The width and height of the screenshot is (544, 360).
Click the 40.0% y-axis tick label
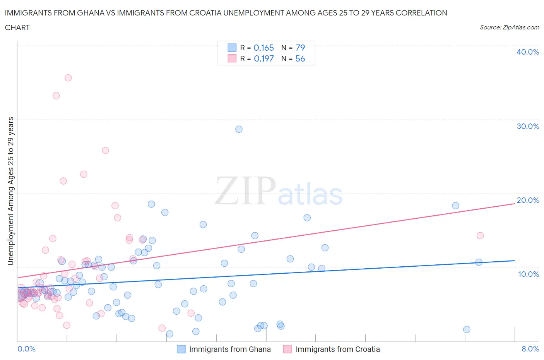coord(528,52)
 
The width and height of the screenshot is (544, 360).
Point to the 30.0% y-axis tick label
coord(528,126)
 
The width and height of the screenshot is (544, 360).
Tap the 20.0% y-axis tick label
coord(528,200)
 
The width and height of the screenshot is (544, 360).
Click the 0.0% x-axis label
coord(26,349)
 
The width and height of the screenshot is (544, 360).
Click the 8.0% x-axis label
coord(530,349)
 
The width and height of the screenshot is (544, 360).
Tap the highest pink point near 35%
coord(68,78)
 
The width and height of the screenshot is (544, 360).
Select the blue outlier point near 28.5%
coord(239,129)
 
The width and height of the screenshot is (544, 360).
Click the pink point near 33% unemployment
coord(56,96)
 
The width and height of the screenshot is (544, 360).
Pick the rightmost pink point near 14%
coord(480,236)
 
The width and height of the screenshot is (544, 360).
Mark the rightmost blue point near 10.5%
coord(479,262)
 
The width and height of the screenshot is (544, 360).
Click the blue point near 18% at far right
coord(455,206)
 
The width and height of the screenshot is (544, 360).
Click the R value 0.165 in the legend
coord(263,48)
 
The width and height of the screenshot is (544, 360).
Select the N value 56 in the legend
coord(300,58)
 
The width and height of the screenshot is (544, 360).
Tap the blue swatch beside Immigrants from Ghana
coord(181,349)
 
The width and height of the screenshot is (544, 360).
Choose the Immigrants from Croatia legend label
coord(337,349)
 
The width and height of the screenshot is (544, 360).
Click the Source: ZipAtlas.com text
coord(509,27)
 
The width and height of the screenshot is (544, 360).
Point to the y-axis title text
coord(11,191)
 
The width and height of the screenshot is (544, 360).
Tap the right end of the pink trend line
coord(514,203)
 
